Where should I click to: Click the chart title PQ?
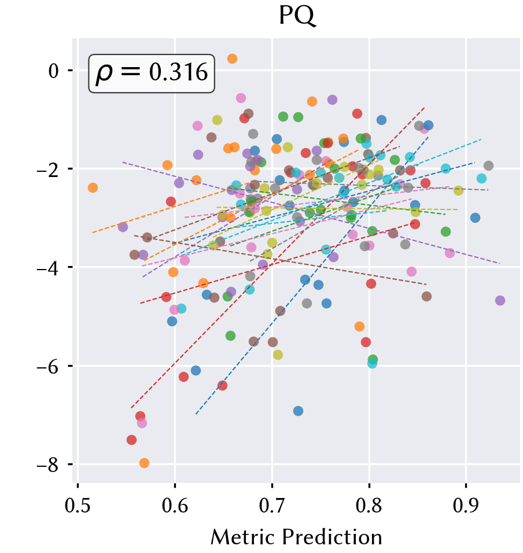click(297, 16)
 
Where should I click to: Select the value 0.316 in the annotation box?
click(178, 73)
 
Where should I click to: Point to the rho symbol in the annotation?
click(104, 75)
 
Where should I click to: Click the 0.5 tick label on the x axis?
click(78, 506)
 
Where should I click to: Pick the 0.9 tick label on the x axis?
click(466, 506)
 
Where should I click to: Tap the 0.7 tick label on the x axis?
click(272, 506)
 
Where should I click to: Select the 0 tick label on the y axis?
click(54, 71)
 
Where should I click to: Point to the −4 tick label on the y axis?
click(48, 268)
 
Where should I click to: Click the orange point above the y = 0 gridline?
click(232, 58)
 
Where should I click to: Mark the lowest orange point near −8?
click(144, 463)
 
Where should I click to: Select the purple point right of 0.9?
click(500, 300)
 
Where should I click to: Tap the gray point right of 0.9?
click(488, 165)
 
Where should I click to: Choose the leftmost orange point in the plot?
click(93, 187)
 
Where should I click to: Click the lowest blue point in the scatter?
click(298, 411)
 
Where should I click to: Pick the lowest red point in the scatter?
click(131, 440)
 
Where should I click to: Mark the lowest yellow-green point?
click(278, 355)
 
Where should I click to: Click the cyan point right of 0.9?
click(481, 179)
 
